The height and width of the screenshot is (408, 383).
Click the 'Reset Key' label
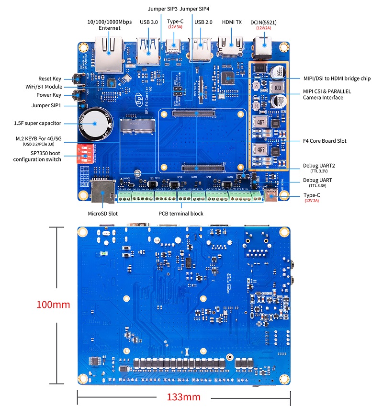coord(50,78)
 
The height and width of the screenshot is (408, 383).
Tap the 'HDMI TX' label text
coord(232,22)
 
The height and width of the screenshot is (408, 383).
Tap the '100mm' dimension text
coord(53,305)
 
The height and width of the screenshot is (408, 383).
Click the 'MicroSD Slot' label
coord(102,214)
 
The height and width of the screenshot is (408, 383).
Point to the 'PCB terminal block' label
coord(181,214)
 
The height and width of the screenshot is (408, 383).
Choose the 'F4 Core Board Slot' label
coord(325,141)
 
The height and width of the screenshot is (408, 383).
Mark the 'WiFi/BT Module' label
coord(44,87)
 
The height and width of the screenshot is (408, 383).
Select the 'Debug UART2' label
coord(319,166)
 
